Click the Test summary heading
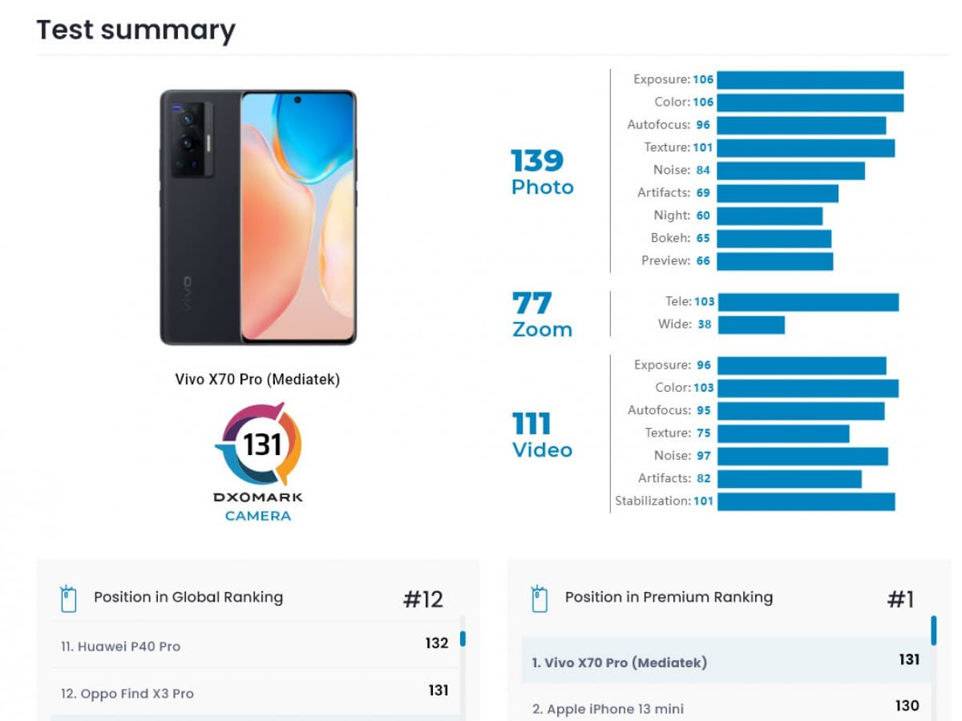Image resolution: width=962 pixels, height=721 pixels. click(x=136, y=30)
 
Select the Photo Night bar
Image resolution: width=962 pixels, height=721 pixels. click(x=770, y=215)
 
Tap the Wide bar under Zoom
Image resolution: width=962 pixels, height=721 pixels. click(x=751, y=324)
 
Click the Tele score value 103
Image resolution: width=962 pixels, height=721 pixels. click(x=704, y=302)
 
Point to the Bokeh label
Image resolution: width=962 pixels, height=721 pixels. click(x=670, y=238)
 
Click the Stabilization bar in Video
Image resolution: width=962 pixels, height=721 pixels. click(x=806, y=501)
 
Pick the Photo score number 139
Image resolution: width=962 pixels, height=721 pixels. click(x=538, y=161)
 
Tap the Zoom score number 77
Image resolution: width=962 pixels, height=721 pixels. click(x=532, y=304)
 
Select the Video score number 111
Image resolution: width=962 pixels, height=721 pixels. click(x=532, y=423)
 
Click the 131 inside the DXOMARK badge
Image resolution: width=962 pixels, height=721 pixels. click(x=262, y=443)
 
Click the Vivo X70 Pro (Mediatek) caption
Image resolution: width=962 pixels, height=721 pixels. click(x=257, y=380)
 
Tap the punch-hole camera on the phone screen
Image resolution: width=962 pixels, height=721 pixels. click(x=297, y=100)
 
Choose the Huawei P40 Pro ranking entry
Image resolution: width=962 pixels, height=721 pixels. click(x=121, y=646)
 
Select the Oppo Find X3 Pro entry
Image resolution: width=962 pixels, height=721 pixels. click(x=127, y=694)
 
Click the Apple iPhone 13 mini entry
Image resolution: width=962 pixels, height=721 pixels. click(x=608, y=709)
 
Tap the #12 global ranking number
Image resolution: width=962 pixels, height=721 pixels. click(x=422, y=599)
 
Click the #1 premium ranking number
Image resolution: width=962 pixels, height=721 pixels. click(x=900, y=599)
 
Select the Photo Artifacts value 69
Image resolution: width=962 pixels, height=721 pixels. click(x=703, y=193)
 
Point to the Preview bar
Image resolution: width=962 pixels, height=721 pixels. click(x=774, y=261)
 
